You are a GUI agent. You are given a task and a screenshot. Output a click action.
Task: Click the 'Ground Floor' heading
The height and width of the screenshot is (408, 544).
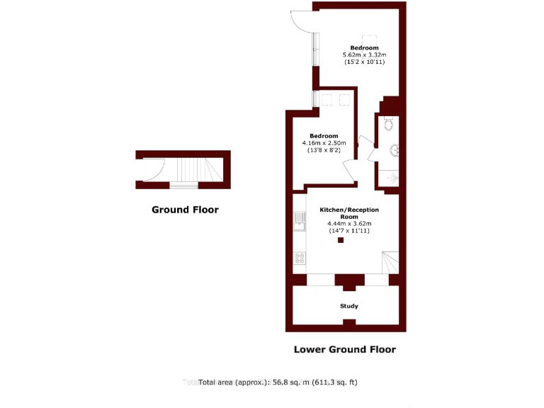tap(185, 210)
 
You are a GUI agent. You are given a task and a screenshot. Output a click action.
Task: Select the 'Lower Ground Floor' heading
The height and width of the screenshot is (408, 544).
tap(345, 349)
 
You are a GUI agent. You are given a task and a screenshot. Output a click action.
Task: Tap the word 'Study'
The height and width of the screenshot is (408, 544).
tap(348, 307)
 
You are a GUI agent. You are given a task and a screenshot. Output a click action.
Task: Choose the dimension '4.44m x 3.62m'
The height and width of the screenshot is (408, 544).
tap(349, 224)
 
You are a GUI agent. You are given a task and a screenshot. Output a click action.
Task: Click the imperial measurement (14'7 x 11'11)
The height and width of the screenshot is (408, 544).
tap(349, 231)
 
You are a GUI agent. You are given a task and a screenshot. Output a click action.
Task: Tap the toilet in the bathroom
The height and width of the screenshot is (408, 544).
tap(389, 125)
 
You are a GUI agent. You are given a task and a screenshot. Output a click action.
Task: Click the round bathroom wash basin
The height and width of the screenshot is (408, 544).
tap(394, 150)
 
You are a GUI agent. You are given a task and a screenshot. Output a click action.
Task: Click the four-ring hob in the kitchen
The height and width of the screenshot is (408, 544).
tap(300, 258)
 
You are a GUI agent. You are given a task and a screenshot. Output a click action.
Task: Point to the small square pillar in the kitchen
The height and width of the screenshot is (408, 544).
tap(341, 240)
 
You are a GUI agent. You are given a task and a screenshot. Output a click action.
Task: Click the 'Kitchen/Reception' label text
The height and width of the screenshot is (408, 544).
tap(349, 210)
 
